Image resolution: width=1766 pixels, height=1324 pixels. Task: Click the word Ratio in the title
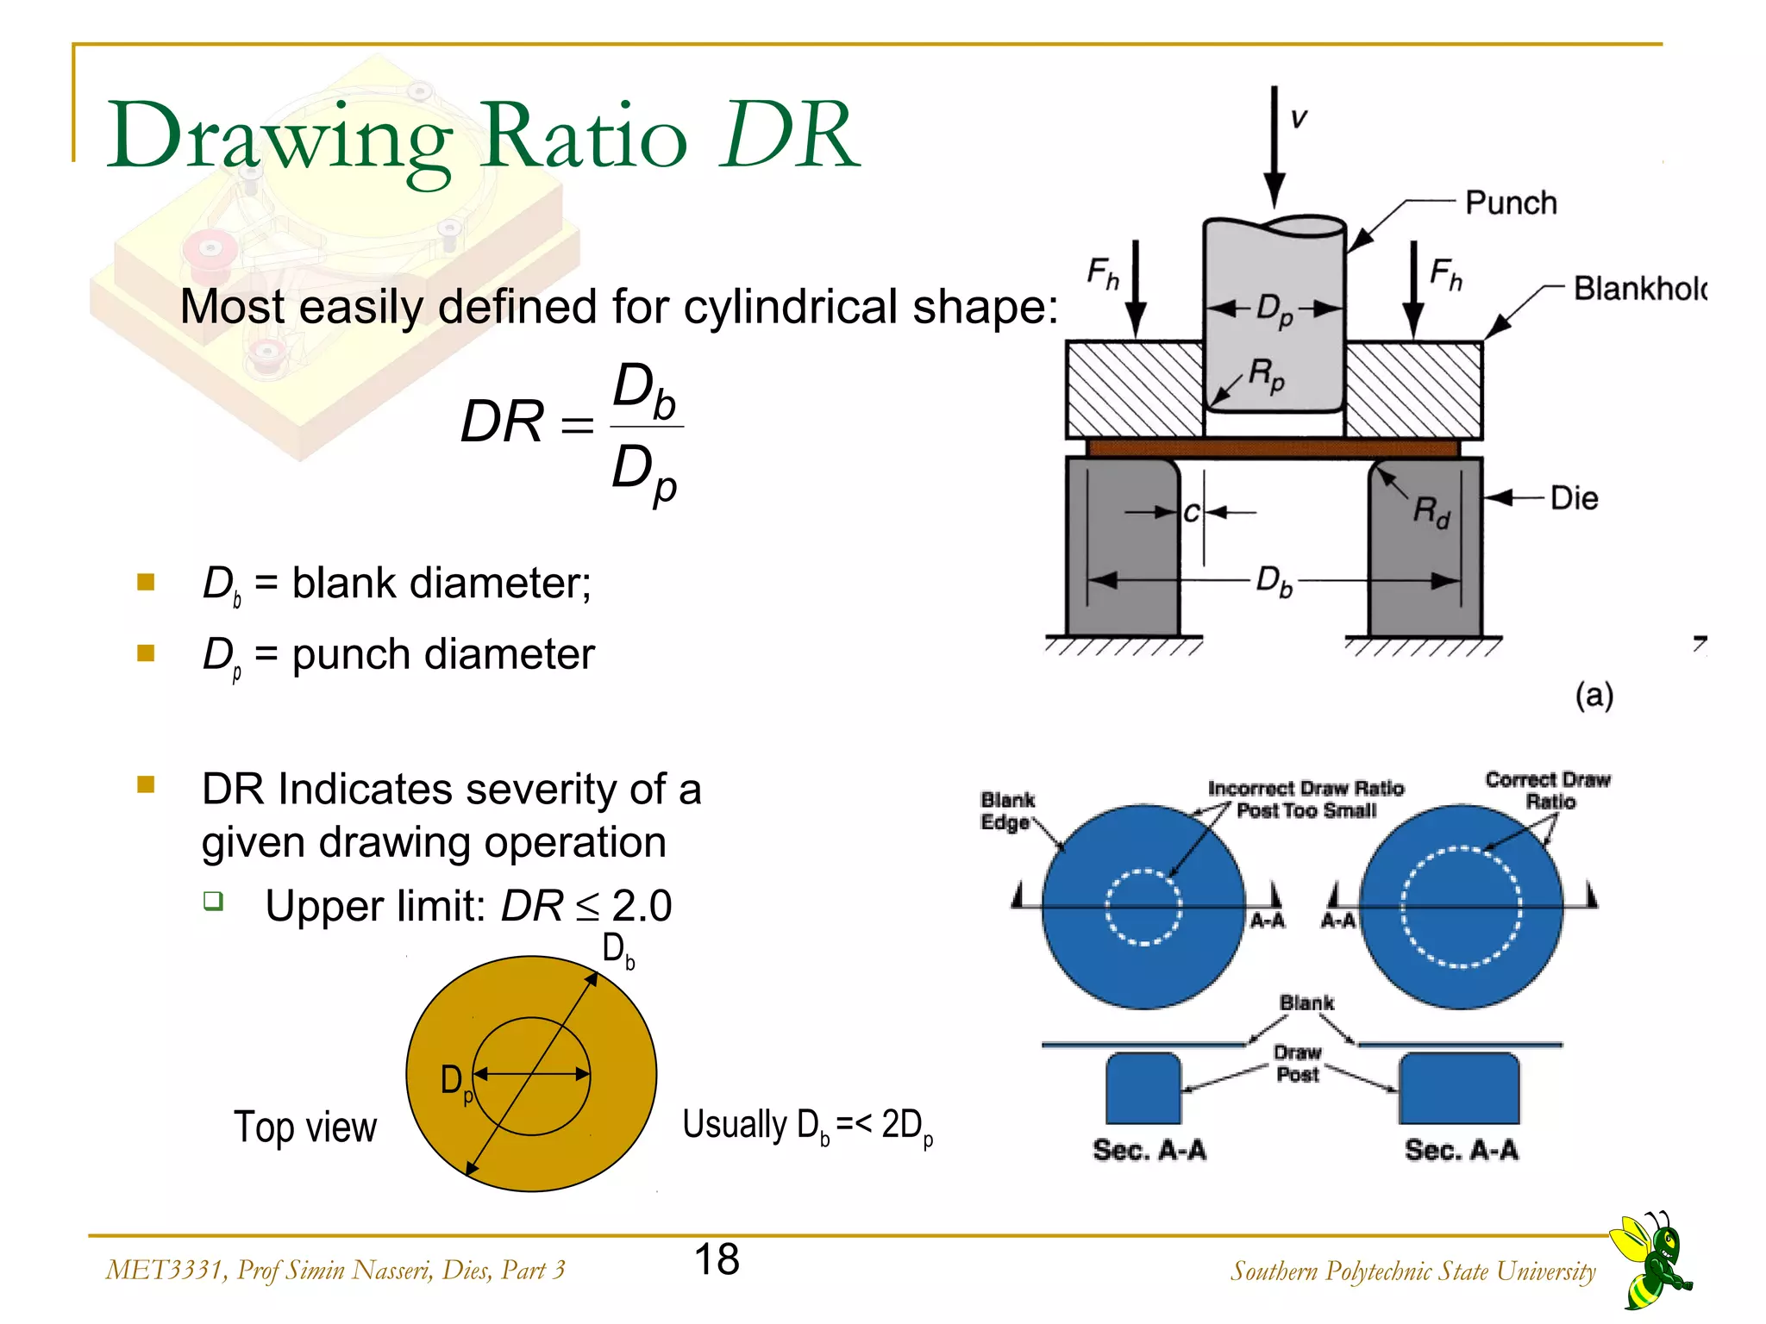[x=584, y=136]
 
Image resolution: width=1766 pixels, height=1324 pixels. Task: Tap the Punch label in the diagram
[x=1511, y=203]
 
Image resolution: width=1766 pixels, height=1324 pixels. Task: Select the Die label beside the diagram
[x=1574, y=498]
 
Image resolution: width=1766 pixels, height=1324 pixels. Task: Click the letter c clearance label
[x=1191, y=513]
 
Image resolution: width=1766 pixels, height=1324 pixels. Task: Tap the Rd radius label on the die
[x=1431, y=512]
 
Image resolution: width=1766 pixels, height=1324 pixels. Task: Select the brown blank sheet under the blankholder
[x=1273, y=447]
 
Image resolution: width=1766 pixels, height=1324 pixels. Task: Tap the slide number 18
[x=717, y=1259]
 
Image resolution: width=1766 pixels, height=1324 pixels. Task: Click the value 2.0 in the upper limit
[x=642, y=906]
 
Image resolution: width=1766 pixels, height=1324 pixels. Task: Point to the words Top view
[x=305, y=1127]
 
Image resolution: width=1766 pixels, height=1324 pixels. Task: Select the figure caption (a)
[x=1594, y=695]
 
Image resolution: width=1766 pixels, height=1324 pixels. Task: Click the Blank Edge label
[x=1006, y=811]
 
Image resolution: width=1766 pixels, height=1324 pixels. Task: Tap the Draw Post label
[x=1297, y=1064]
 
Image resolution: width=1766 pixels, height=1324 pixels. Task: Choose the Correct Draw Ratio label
[x=1548, y=790]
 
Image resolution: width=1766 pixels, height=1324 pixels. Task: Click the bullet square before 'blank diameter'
[x=146, y=583]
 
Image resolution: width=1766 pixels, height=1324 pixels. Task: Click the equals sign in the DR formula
[x=577, y=424]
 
